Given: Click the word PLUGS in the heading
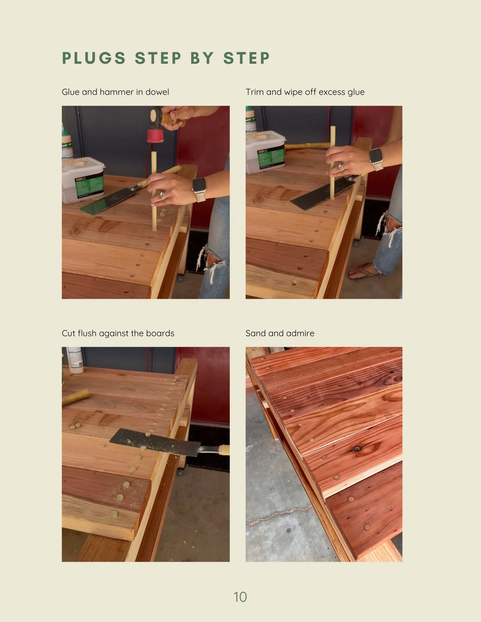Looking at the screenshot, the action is tap(94, 58).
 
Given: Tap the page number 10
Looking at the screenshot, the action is tap(240, 597).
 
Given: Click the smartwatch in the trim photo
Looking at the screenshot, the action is tap(376, 159).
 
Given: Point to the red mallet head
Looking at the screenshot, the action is tap(155, 136).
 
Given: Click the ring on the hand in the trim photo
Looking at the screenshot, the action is tap(342, 167).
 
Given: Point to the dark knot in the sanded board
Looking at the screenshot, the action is tap(357, 448).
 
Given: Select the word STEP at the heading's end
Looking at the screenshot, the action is tap(247, 58).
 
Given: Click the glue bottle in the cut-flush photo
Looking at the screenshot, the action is tap(75, 360).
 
